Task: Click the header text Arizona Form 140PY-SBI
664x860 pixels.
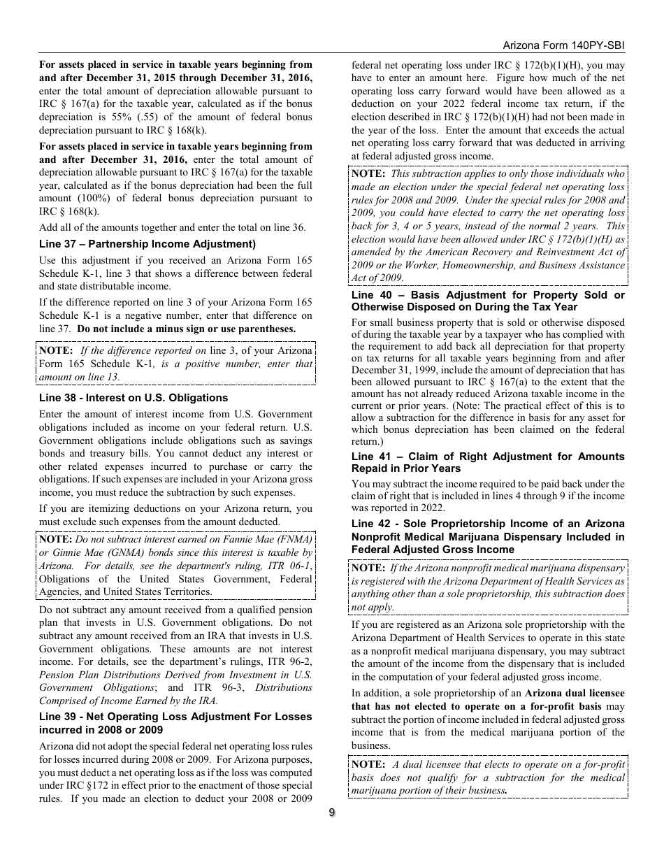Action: point(563,45)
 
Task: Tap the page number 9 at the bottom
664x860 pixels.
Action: point(332,812)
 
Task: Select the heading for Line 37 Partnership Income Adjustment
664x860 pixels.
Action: point(147,244)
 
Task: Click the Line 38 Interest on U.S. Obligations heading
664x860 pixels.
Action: point(133,398)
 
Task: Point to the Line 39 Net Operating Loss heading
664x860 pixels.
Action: point(175,723)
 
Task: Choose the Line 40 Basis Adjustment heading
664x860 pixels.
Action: point(488,301)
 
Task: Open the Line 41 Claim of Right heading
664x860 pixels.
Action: point(488,462)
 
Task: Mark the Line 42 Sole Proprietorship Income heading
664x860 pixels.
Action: point(488,536)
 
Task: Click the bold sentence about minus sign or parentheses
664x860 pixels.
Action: point(187,329)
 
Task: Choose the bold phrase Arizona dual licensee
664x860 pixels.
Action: point(575,694)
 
